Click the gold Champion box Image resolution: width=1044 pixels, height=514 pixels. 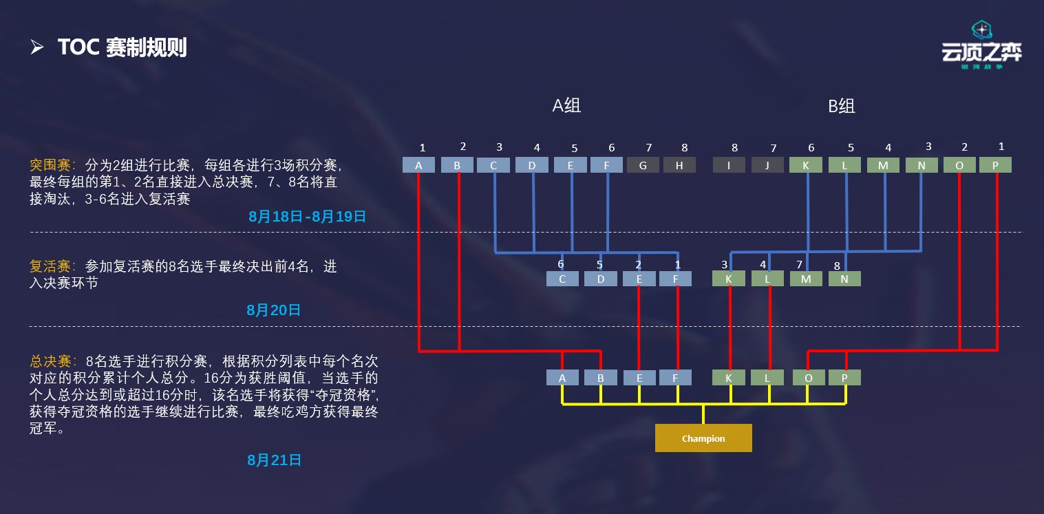[x=703, y=438]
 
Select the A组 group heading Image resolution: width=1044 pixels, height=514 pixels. [x=566, y=106]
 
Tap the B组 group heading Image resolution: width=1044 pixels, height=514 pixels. [x=841, y=106]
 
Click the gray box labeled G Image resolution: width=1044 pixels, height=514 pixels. [x=643, y=165]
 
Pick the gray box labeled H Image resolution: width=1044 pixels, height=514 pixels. [x=679, y=165]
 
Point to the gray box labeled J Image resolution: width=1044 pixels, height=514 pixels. [x=767, y=165]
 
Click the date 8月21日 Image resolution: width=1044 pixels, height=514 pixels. [x=274, y=460]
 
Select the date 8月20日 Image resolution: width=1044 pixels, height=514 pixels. [x=274, y=310]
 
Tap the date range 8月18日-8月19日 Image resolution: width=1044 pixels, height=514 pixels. [x=307, y=217]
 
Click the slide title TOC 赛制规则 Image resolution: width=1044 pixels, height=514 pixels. [x=122, y=47]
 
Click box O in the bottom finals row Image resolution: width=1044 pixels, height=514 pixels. [x=808, y=378]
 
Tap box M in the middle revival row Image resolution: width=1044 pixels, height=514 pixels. [x=806, y=279]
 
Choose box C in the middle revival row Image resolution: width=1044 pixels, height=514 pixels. [x=562, y=279]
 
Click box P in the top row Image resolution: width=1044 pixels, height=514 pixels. [x=995, y=165]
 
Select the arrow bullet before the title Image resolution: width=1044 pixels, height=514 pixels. [x=37, y=47]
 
